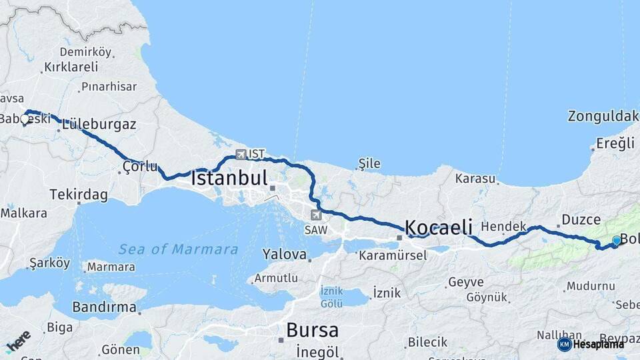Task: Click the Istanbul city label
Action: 229,179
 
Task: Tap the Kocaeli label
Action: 439,227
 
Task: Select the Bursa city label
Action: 312,330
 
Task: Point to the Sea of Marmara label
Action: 178,249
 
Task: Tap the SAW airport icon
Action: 315,215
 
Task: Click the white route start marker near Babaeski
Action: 25,119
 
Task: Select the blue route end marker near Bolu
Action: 616,241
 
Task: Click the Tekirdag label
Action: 79,195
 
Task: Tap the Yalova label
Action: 284,254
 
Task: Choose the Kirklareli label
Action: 70,67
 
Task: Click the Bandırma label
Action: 105,307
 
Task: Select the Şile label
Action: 369,162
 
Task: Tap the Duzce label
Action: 581,219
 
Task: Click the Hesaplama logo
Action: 591,344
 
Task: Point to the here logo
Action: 18,341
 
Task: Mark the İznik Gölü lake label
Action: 332,297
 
